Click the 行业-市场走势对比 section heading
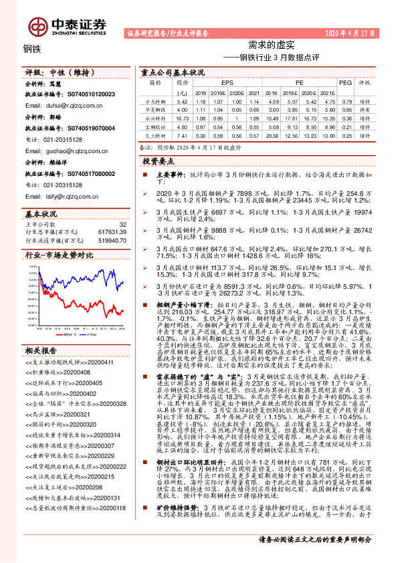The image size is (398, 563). coord(59,255)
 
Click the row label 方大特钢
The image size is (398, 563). coord(156,100)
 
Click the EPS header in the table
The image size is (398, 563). coord(219,82)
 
